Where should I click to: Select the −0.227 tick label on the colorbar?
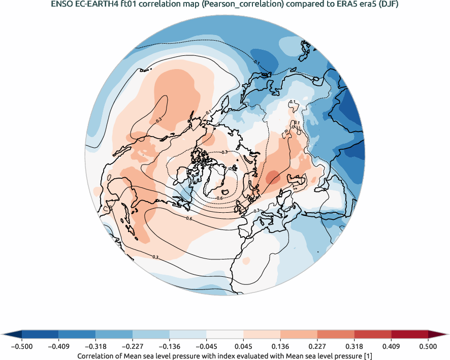point(133,346)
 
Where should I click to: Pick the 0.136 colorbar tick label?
point(280,346)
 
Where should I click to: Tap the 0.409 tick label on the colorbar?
point(391,346)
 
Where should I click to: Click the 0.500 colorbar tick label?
point(428,346)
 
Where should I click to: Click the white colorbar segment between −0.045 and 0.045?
point(225,334)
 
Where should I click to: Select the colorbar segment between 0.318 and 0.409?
point(372,334)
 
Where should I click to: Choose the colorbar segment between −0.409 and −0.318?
point(77,334)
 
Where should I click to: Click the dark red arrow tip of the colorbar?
point(438,334)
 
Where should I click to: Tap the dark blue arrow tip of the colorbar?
point(12,334)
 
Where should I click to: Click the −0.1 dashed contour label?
point(257,63)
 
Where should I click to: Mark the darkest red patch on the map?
point(273,178)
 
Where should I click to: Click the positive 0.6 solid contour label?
point(189,218)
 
